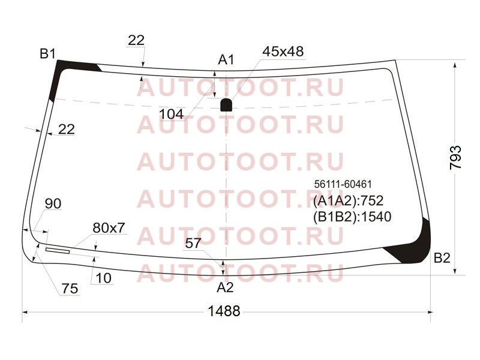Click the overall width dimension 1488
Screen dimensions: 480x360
pyautogui.click(x=224, y=311)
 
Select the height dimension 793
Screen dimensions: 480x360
pyautogui.click(x=455, y=158)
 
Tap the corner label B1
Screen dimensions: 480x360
pyautogui.click(x=47, y=53)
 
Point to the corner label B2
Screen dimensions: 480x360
pyautogui.click(x=442, y=258)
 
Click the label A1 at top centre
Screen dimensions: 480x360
pyautogui.click(x=226, y=59)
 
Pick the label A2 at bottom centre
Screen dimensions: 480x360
pyautogui.click(x=225, y=287)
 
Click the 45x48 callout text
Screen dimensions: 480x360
pyautogui.click(x=283, y=52)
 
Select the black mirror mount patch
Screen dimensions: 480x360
pyautogui.click(x=226, y=105)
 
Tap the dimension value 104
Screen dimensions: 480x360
pyautogui.click(x=172, y=114)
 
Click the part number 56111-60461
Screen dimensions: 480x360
pyautogui.click(x=343, y=184)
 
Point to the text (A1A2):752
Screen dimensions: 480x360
pyautogui.click(x=348, y=201)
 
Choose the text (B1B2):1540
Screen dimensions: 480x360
pyautogui.click(x=352, y=217)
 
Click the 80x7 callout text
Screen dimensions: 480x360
pyautogui.click(x=109, y=228)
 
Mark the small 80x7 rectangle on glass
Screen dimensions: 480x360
pyautogui.click(x=58, y=251)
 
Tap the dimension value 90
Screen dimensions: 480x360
pyautogui.click(x=53, y=203)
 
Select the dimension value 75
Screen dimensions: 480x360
pyautogui.click(x=70, y=289)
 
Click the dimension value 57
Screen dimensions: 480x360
pyautogui.click(x=193, y=244)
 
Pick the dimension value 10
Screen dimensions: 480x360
pyautogui.click(x=103, y=278)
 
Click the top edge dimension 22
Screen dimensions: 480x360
pyautogui.click(x=136, y=40)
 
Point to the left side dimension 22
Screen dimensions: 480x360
pyautogui.click(x=66, y=130)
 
